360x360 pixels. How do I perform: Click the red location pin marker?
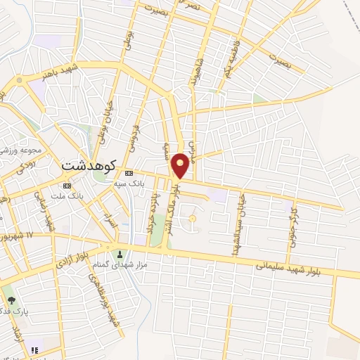[181, 165]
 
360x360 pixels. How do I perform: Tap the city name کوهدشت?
[79, 166]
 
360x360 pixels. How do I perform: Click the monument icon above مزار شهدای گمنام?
[120, 255]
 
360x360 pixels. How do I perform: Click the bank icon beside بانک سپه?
[129, 173]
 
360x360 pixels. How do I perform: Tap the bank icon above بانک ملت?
[67, 186]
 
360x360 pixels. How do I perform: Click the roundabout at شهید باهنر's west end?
[18, 81]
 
